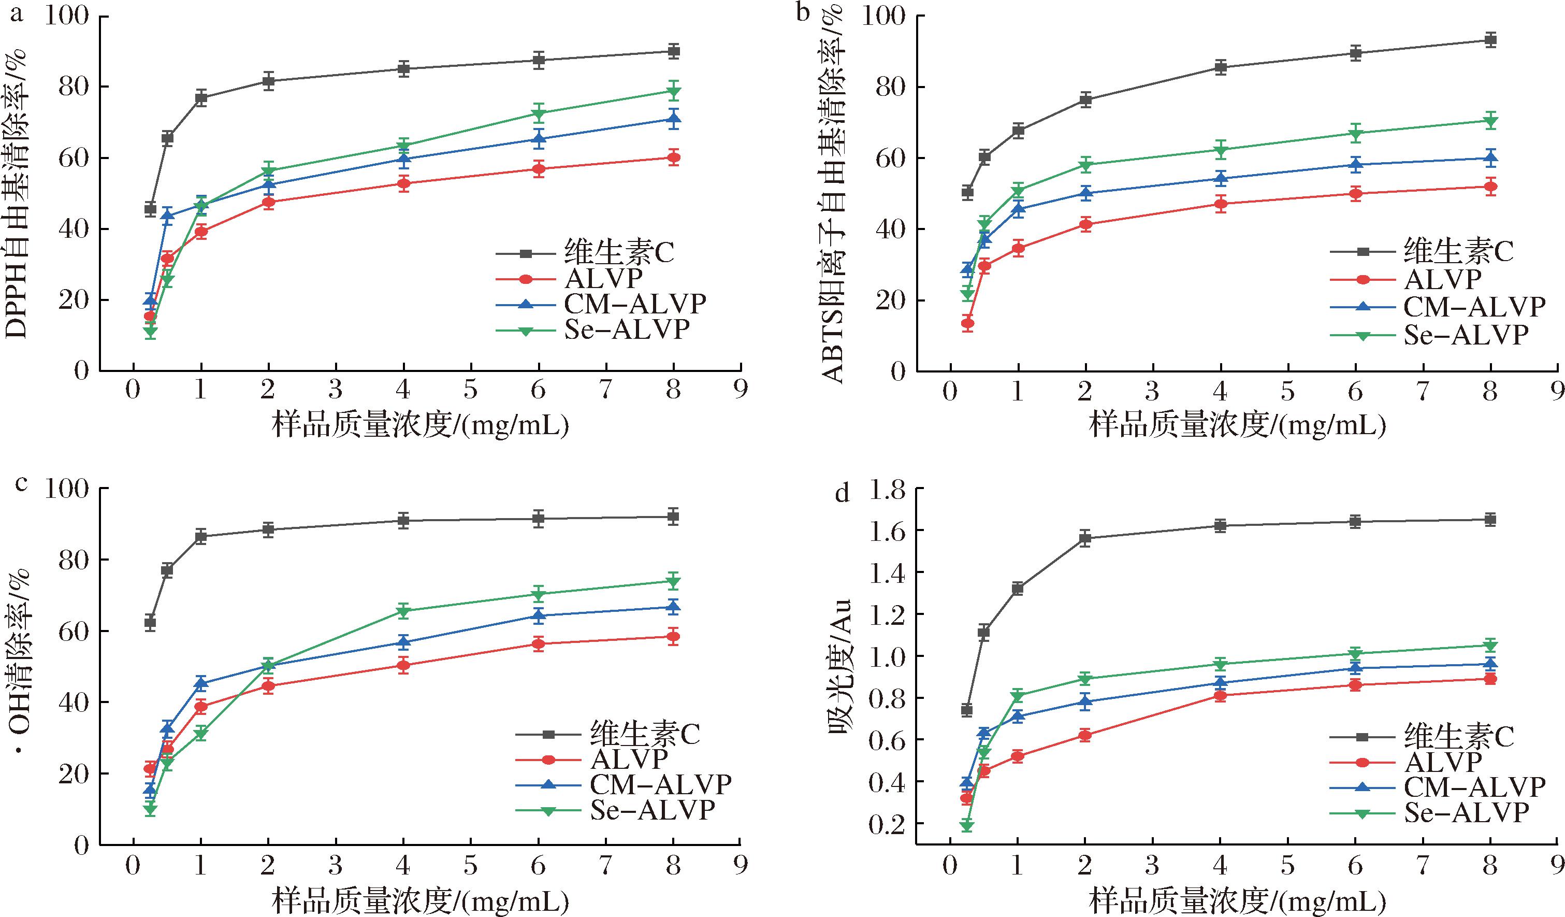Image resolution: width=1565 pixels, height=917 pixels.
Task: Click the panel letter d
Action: point(842,494)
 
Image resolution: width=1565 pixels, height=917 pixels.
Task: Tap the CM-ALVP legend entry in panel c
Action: point(660,785)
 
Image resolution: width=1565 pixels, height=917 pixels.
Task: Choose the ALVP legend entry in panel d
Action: point(1443,762)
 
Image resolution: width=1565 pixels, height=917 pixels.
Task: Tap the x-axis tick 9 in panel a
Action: point(740,390)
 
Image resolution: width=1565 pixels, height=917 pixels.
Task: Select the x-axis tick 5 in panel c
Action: point(471,865)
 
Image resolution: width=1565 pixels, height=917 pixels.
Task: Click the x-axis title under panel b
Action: point(1237,425)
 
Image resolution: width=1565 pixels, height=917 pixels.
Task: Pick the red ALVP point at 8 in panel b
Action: point(1490,187)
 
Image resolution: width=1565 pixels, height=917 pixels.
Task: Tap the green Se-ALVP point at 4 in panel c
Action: point(403,611)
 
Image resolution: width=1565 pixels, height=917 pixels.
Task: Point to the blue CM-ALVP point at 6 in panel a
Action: point(539,139)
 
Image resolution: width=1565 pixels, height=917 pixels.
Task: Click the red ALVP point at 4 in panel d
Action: point(1220,696)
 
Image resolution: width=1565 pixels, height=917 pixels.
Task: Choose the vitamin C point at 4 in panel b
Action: point(1220,68)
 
